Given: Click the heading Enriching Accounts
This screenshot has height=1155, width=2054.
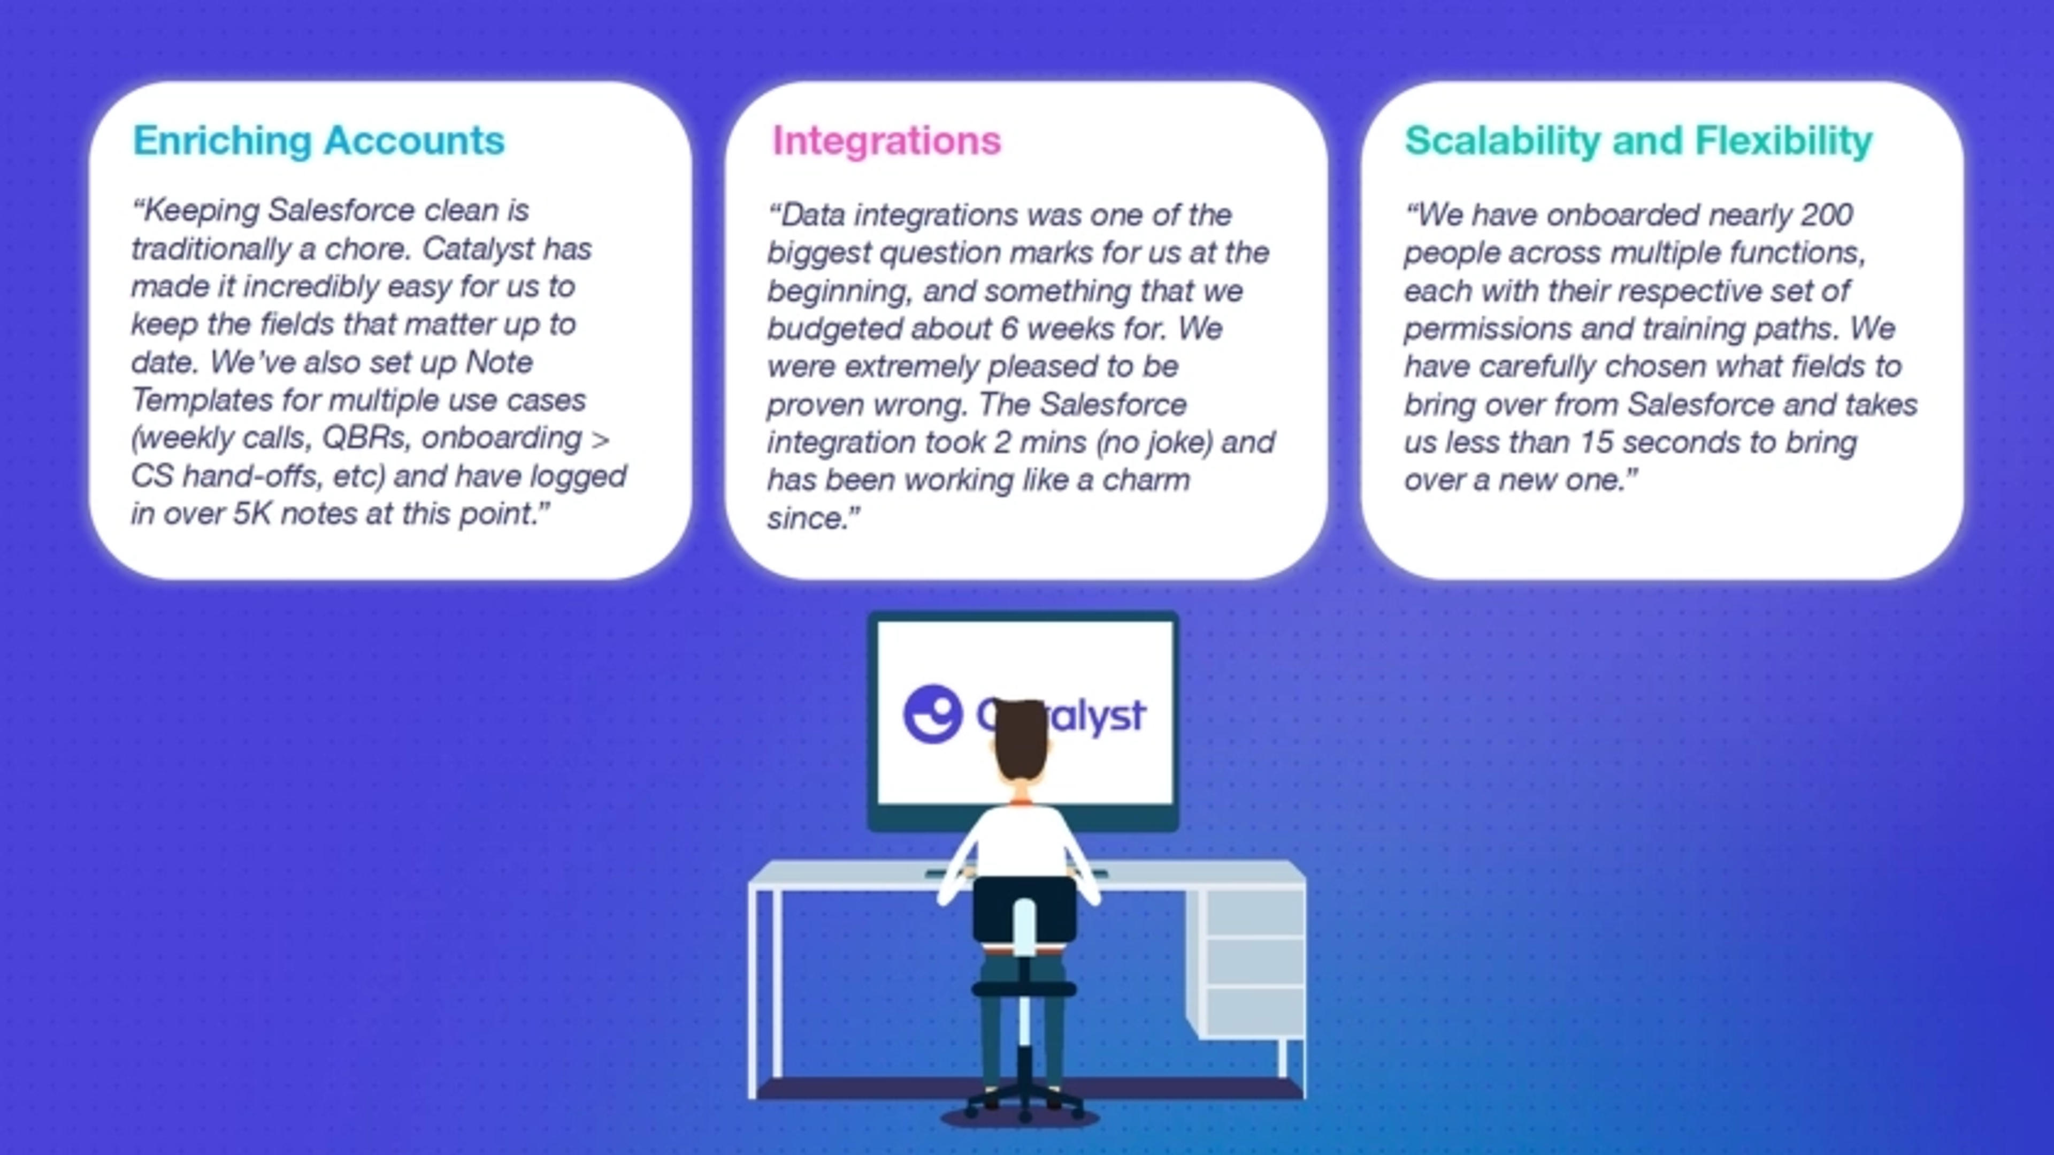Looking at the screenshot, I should pyautogui.click(x=318, y=141).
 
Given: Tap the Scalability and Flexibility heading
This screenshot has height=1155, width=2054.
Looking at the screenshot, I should pyautogui.click(x=1638, y=141).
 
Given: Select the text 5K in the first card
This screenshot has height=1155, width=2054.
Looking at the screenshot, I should pyautogui.click(x=253, y=514).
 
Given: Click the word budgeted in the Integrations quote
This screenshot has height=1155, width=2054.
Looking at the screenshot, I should pyautogui.click(x=834, y=329).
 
